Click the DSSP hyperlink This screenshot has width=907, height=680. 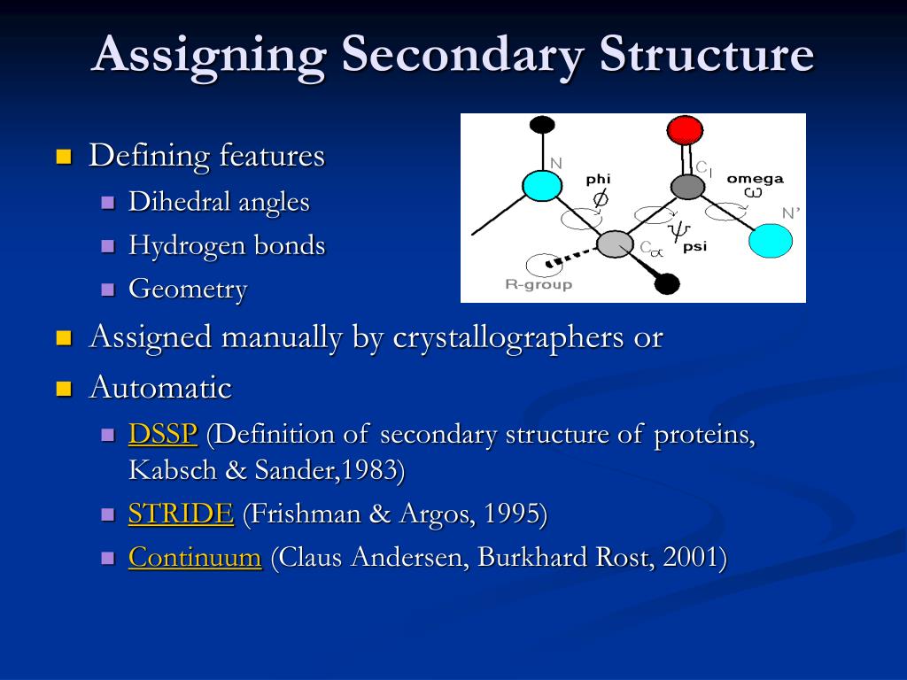(162, 435)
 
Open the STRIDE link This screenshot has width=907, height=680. (181, 514)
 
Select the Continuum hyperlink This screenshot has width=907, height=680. (195, 558)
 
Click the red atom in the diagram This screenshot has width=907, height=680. (685, 130)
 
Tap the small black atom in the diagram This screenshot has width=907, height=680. (667, 284)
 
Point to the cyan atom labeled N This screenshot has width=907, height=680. (540, 186)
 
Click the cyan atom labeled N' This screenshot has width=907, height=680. (770, 240)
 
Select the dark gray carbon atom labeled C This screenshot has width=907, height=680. (686, 187)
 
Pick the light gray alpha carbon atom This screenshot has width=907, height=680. (614, 243)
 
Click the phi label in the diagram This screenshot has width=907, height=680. (599, 180)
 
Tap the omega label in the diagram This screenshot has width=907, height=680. (755, 179)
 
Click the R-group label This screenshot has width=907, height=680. (539, 285)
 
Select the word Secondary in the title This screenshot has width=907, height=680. (463, 54)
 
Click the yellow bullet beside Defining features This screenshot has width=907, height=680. (63, 158)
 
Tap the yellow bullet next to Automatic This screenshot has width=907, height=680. (63, 389)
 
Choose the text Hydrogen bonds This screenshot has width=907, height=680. (227, 245)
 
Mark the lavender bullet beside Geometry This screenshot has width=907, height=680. (109, 290)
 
